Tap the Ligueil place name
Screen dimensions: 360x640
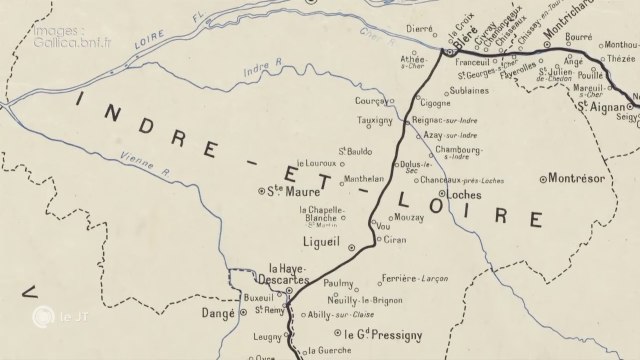click(x=321, y=242)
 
